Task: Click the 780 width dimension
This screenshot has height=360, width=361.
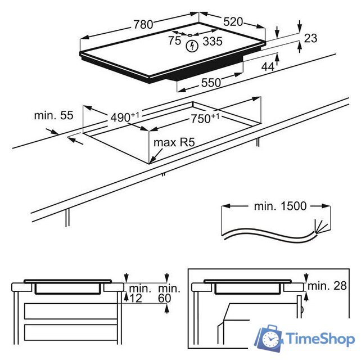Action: (143, 24)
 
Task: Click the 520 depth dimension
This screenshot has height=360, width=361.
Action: (233, 22)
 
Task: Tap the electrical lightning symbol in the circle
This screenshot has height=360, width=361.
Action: (192, 46)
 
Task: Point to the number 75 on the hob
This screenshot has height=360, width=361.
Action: (174, 40)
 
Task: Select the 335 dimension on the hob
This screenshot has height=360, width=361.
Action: (213, 41)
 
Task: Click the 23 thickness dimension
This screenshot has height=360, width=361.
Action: (310, 38)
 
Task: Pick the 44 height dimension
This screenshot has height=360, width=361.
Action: (268, 67)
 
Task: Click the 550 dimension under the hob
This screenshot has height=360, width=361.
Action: (211, 83)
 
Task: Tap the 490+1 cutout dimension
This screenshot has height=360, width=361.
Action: (125, 117)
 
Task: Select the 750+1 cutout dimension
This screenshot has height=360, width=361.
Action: (205, 118)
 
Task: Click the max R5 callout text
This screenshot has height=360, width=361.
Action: (174, 142)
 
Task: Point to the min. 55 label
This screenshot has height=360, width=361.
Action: (53, 115)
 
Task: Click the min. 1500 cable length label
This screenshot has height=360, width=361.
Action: (280, 206)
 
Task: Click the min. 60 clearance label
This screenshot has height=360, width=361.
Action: (169, 294)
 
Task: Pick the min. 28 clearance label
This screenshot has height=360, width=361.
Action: (327, 286)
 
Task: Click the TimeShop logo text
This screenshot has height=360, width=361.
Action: (320, 339)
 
